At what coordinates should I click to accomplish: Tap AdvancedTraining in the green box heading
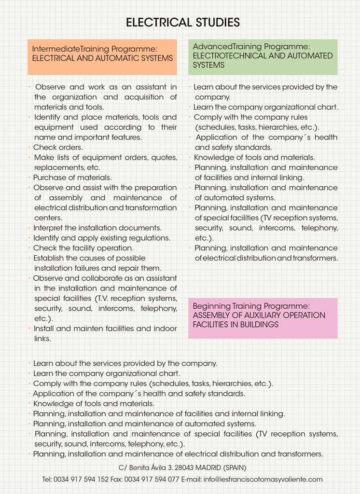(217, 46)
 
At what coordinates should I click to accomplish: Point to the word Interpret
(48, 228)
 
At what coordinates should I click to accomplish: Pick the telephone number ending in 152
(81, 480)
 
